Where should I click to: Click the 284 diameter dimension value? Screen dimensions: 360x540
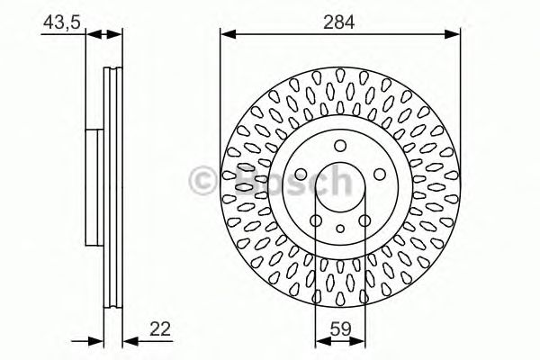tap(340, 19)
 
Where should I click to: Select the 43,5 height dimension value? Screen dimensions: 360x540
tap(58, 19)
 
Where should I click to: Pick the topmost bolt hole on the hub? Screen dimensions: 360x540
tap(339, 147)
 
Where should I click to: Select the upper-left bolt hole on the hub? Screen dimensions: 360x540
tap(302, 174)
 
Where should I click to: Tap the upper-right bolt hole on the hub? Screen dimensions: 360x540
tap(376, 174)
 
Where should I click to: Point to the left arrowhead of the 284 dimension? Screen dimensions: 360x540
tap(226, 34)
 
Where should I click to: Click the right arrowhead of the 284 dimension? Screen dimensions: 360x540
tap(454, 34)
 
